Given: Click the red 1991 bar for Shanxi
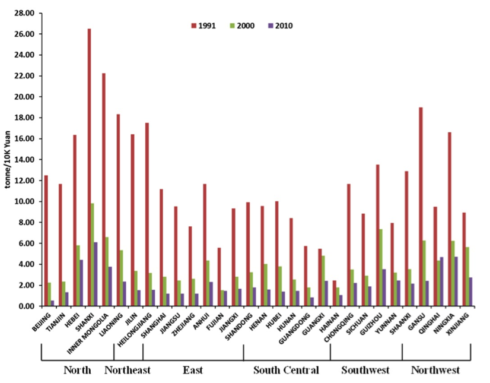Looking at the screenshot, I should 89,167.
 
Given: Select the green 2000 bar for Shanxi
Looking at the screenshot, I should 93,255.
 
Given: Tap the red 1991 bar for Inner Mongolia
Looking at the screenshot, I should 103,189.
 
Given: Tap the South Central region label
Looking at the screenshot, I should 286,371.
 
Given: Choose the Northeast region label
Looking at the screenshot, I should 128,371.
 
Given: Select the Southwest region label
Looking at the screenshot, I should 365,371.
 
